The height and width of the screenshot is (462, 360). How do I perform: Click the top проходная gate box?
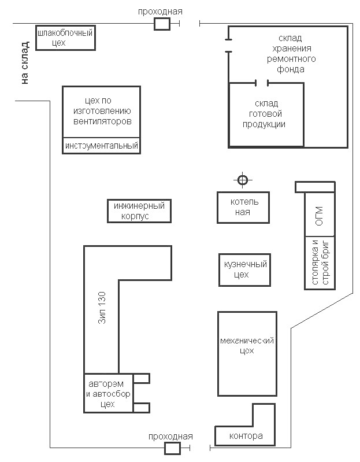[162, 23]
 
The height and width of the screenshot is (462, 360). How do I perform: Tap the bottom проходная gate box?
[172, 449]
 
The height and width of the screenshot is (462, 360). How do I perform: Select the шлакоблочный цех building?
[65, 38]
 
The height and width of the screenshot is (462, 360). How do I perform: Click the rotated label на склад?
[24, 63]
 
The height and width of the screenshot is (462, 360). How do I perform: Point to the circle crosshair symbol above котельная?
[243, 180]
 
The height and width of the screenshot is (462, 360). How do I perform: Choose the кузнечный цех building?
[245, 269]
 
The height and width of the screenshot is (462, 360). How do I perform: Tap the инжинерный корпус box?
[139, 211]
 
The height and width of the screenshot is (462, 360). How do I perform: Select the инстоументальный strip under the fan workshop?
[102, 146]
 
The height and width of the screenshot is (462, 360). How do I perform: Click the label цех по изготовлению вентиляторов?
[102, 110]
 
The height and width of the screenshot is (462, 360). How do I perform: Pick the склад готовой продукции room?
[266, 114]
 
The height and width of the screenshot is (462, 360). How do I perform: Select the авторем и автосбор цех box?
[108, 394]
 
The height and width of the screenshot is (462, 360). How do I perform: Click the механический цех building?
[245, 353]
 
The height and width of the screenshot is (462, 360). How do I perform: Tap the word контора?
[246, 436]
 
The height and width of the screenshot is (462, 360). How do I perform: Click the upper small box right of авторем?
[142, 379]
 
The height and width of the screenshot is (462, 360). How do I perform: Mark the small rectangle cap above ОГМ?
[314, 187]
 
